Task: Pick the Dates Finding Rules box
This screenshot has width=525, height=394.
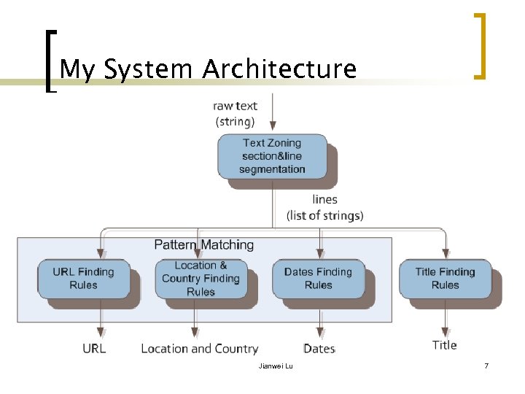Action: pyautogui.click(x=318, y=278)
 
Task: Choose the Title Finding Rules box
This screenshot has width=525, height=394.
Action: pyautogui.click(x=445, y=278)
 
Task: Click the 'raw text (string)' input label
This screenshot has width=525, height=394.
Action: pyautogui.click(x=236, y=113)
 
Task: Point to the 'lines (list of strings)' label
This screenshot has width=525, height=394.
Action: pyautogui.click(x=324, y=207)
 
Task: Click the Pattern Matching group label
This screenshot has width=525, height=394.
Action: pyautogui.click(x=204, y=244)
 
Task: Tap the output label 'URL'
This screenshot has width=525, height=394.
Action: pyautogui.click(x=94, y=349)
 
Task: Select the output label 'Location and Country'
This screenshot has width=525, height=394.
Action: pyautogui.click(x=200, y=349)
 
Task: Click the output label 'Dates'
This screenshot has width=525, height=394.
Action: pyautogui.click(x=319, y=349)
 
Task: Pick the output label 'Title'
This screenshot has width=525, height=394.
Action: pyautogui.click(x=444, y=345)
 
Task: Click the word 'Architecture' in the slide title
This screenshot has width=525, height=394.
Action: pyautogui.click(x=279, y=69)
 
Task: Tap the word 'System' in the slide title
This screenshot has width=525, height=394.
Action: pyautogui.click(x=149, y=69)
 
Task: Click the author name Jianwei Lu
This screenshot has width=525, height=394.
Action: pyautogui.click(x=276, y=365)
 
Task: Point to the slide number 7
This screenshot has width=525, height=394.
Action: pyautogui.click(x=486, y=365)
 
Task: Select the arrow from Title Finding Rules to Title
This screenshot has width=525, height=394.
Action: pyautogui.click(x=444, y=317)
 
